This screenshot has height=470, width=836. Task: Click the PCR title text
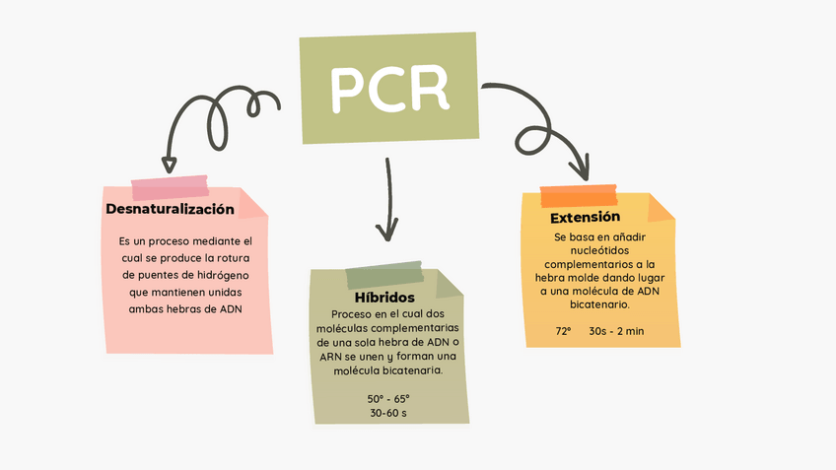(389, 89)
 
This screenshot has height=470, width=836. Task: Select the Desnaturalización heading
(170, 209)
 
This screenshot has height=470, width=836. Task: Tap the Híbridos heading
(383, 297)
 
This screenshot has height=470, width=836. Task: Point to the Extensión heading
(585, 217)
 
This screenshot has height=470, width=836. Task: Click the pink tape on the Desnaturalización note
(170, 186)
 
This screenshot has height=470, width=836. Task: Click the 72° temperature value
(563, 331)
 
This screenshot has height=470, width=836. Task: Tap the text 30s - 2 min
(616, 331)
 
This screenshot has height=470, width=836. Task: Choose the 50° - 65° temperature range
(387, 398)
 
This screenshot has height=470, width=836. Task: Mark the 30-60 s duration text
(387, 413)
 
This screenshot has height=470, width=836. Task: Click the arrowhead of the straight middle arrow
(387, 234)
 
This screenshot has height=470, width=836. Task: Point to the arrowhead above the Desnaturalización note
(170, 165)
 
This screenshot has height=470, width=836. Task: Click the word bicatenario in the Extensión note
(600, 305)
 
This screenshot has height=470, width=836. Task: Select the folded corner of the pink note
(253, 204)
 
